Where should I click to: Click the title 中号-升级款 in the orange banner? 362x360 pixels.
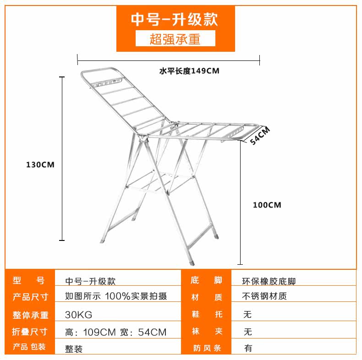tap(174, 19)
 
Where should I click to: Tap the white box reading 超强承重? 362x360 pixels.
tap(175, 39)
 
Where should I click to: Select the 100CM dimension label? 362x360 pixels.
tap(267, 205)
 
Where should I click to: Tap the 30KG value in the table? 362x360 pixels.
tap(79, 315)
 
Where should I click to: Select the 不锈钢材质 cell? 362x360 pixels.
tap(265, 296)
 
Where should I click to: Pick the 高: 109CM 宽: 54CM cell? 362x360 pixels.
tap(116, 332)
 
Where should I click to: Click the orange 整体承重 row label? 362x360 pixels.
tap(30, 315)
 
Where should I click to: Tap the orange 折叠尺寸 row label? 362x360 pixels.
tap(30, 332)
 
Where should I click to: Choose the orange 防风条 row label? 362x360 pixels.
tap(207, 348)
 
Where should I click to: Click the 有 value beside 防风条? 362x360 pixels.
tap(248, 348)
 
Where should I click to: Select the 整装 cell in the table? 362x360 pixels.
tap(74, 349)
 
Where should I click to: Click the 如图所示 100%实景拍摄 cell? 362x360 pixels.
tap(116, 296)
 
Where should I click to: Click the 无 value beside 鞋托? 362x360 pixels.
tap(248, 315)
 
